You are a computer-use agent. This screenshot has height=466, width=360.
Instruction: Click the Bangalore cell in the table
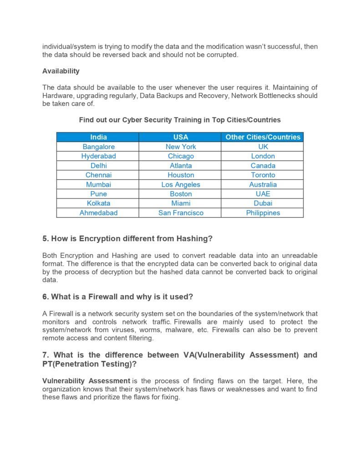[98, 147]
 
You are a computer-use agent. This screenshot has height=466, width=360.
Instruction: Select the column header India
[98, 137]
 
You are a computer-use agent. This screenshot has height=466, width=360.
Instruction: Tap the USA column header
[181, 137]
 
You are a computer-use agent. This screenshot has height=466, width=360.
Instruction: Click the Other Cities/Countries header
[263, 137]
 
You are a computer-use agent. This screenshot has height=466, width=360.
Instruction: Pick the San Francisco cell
[181, 213]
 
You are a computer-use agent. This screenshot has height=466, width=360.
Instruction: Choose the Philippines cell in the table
[263, 213]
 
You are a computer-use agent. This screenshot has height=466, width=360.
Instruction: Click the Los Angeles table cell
[181, 184]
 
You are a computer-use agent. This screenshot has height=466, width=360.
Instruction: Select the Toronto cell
[263, 175]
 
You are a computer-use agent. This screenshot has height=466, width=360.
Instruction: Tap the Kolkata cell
[98, 203]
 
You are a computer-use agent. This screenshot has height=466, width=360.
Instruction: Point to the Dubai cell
[263, 203]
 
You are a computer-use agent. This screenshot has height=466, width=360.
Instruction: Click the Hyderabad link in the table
[98, 156]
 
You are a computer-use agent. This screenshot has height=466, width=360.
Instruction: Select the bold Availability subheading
[61, 71]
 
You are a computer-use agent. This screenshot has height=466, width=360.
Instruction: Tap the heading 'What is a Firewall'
[118, 297]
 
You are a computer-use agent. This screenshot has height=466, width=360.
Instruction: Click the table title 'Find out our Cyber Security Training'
[180, 120]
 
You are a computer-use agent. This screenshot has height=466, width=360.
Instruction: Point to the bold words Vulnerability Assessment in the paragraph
[86, 380]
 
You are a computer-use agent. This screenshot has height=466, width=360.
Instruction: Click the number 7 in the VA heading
[45, 355]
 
